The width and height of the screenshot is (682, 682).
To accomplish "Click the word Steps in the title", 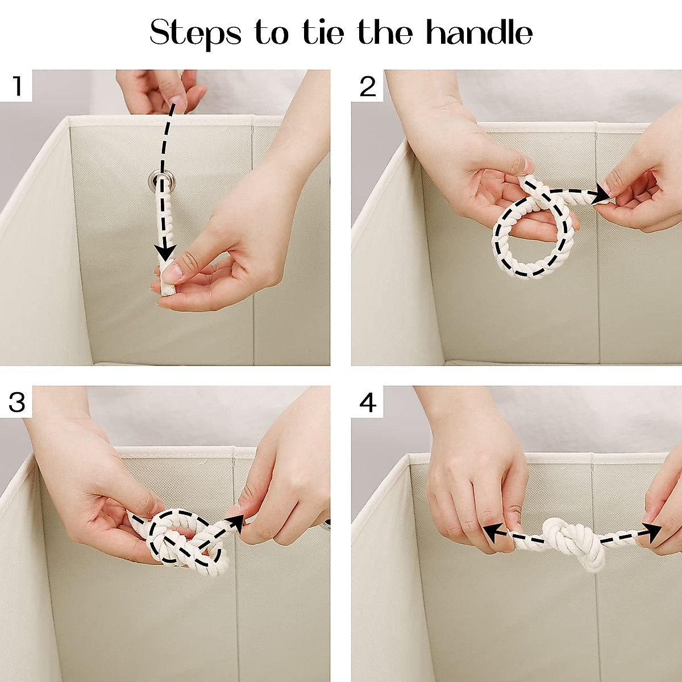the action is click(x=196, y=34).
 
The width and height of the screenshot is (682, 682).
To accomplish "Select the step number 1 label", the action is click(x=16, y=86).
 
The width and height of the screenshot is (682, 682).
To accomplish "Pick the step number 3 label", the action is click(x=16, y=402).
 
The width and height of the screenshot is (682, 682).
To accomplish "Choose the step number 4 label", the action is click(x=367, y=403).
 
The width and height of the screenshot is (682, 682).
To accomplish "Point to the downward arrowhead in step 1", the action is click(x=165, y=252).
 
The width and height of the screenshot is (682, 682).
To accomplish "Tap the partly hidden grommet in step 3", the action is click(x=327, y=524).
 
